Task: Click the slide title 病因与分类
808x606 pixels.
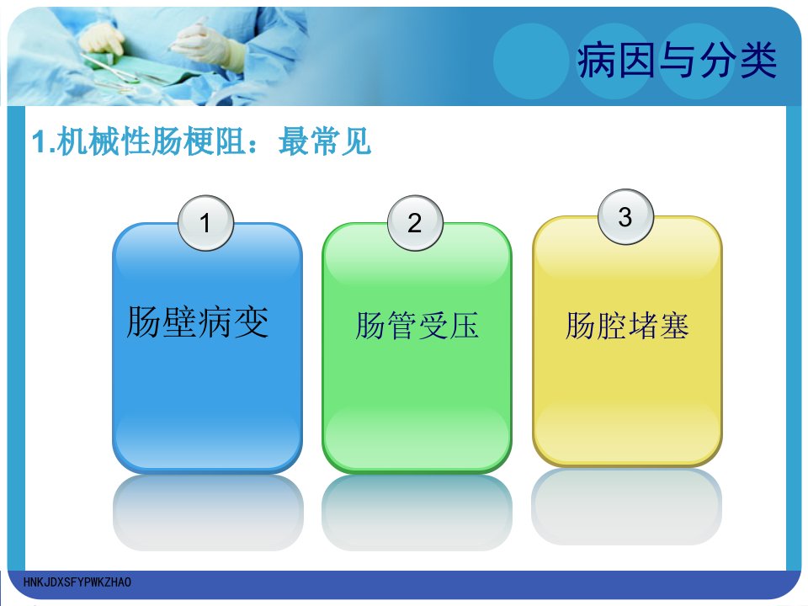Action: [677, 61]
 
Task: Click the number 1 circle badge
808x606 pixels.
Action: [205, 223]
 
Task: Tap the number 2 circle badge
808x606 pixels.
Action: [415, 223]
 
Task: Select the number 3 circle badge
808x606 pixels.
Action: [625, 217]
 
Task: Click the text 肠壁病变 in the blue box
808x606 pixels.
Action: [198, 322]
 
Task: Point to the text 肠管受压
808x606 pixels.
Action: [417, 326]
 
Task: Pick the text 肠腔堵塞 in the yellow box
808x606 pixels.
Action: [627, 326]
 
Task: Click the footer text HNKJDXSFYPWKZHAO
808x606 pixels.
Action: [77, 582]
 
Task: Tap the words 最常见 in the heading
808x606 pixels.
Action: [325, 141]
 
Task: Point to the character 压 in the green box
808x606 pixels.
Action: [464, 326]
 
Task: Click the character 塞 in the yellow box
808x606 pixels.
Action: [674, 326]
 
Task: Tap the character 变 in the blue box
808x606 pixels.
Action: [252, 322]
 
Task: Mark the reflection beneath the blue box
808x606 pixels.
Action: [208, 513]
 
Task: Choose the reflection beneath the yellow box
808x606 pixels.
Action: [626, 507]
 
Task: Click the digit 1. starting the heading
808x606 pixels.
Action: [44, 141]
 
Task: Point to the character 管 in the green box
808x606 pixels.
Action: [401, 326]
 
